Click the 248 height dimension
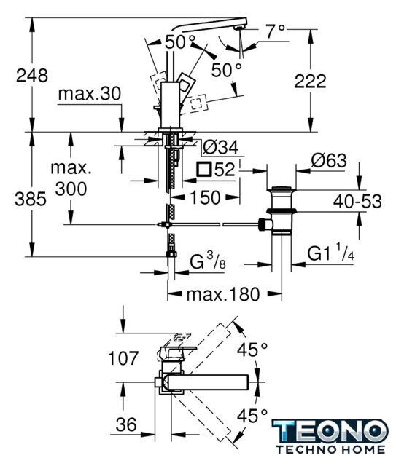[x=32, y=76]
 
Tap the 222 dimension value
[x=310, y=81]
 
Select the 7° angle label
[x=276, y=31]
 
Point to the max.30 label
[x=90, y=94]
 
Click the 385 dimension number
[x=31, y=199]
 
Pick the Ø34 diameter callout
[x=220, y=147]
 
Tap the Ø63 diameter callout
[x=329, y=161]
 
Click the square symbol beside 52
[x=204, y=169]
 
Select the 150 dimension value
[x=205, y=197]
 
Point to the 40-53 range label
[x=357, y=201]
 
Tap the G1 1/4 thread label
[x=330, y=252]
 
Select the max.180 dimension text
[x=223, y=294]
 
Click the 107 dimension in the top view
[x=123, y=358]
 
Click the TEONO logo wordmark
[x=330, y=431]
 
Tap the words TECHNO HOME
[x=330, y=449]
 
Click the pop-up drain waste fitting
[x=281, y=211]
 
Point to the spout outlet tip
[x=240, y=28]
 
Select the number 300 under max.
[x=71, y=189]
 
